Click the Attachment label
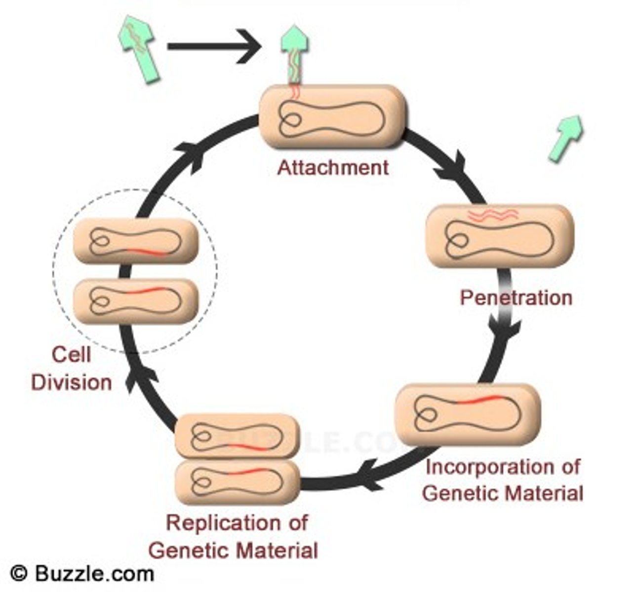pyautogui.click(x=333, y=168)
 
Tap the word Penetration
pyautogui.click(x=516, y=297)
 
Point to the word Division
pyautogui.click(x=72, y=382)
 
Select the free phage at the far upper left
pyautogui.click(x=139, y=47)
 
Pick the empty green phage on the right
pyautogui.click(x=566, y=138)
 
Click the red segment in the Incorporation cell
pyautogui.click(x=478, y=400)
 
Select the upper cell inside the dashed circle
pyautogui.click(x=135, y=241)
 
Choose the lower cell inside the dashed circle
pyautogui.click(x=135, y=300)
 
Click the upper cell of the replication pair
pyautogui.click(x=238, y=436)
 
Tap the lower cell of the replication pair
pyautogui.click(x=238, y=481)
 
